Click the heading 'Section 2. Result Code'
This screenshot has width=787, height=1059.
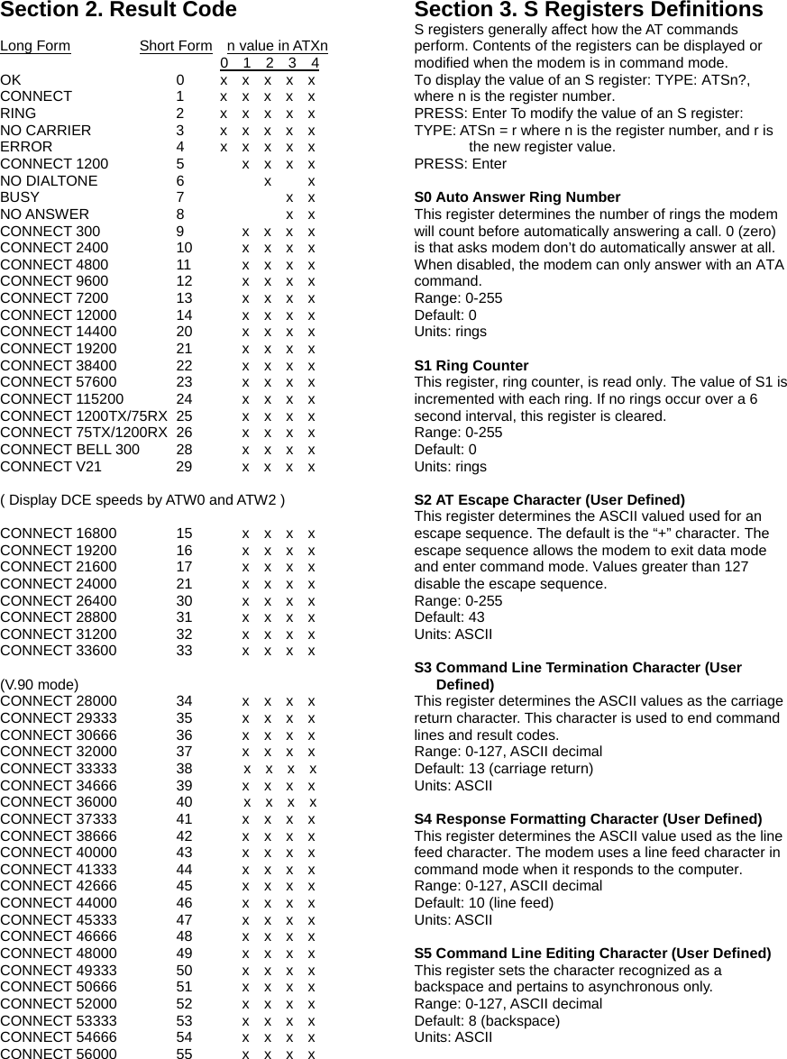118,11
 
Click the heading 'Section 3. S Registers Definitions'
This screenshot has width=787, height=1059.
588,11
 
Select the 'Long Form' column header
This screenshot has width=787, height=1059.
35,46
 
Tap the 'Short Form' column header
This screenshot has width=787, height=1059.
176,46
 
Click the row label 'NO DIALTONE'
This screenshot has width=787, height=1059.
50,180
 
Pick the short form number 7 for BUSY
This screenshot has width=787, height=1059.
180,197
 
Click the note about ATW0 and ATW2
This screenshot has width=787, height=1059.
143,500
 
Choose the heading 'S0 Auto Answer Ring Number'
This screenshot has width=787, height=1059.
517,197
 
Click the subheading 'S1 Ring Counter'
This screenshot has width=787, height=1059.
471,366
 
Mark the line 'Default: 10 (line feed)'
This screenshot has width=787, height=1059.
483,903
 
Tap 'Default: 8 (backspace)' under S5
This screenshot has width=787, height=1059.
487,1020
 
